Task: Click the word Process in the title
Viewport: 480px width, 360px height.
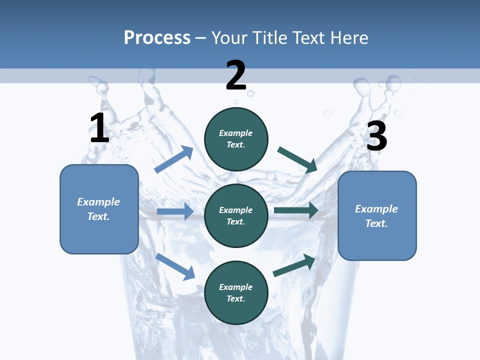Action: (x=157, y=37)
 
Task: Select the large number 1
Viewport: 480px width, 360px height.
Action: (x=99, y=128)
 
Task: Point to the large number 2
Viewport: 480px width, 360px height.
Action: (x=236, y=75)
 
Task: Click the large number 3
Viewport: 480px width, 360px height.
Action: (x=376, y=136)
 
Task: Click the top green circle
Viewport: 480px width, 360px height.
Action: (x=236, y=138)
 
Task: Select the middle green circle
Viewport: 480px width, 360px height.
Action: (x=236, y=215)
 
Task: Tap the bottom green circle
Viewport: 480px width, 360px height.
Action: (x=236, y=292)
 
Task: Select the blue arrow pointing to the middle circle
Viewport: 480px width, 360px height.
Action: (x=175, y=211)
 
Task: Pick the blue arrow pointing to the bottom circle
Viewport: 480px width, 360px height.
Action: (x=175, y=266)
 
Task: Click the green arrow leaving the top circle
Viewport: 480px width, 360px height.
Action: (x=297, y=159)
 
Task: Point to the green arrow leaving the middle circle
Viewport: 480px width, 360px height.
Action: (x=296, y=210)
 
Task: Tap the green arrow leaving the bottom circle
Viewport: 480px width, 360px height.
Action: (x=294, y=265)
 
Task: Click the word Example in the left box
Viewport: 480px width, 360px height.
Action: (x=98, y=202)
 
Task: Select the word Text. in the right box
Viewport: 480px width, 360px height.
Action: (x=376, y=223)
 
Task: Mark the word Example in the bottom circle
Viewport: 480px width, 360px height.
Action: (x=236, y=287)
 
